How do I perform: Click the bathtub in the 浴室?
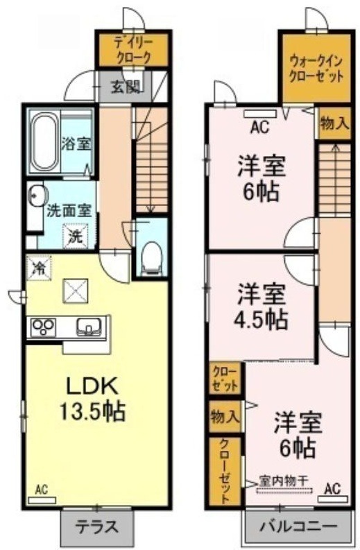tap(44, 143)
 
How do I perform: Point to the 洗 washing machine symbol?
tap(74, 236)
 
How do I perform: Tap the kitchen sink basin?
tap(89, 327)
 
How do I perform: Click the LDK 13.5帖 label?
tap(92, 399)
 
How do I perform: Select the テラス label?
tap(96, 527)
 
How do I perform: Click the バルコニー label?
tap(298, 526)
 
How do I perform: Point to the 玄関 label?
tap(126, 86)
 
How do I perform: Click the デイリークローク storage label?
tap(134, 50)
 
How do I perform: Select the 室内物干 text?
tap(284, 479)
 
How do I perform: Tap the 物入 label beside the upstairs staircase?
tap(334, 123)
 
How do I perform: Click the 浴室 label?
tap(76, 144)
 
